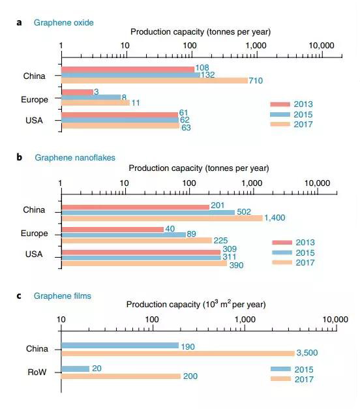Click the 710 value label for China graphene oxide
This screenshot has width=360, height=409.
tap(256, 81)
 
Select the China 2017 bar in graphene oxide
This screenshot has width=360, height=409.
tap(155, 81)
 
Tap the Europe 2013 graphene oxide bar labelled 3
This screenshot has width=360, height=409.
tap(78, 92)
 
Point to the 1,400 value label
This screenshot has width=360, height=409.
tap(275, 218)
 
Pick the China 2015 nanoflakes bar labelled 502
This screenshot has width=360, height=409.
tap(148, 213)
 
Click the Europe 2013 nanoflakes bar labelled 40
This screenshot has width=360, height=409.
tap(113, 230)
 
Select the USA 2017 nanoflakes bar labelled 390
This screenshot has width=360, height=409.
tap(144, 264)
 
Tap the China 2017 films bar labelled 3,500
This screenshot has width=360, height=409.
tap(178, 354)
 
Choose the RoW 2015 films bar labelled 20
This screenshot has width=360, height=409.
tap(76, 369)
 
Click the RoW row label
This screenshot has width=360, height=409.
tap(37, 372)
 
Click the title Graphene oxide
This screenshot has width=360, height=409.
tap(64, 23)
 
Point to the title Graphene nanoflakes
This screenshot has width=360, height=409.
tap(75, 158)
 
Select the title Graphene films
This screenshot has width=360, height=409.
tap(63, 295)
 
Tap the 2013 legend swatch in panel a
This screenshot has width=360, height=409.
tap(280, 104)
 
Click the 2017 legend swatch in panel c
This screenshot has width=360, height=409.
tap(280, 378)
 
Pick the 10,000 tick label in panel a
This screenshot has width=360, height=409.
tap(322, 46)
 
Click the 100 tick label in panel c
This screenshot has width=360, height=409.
tap(151, 319)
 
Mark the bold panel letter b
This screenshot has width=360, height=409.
tap(20, 157)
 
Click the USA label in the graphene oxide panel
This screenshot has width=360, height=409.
tap(34, 120)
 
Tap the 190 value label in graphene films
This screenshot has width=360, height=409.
tap(188, 346)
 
